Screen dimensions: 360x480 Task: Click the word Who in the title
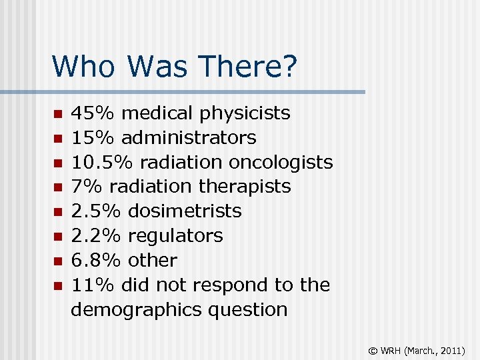[85, 67]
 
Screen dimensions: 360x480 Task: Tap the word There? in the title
[250, 67]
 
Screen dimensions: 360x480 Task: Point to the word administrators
[189, 138]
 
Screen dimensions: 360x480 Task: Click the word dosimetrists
[185, 211]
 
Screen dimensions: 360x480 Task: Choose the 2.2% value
[96, 236]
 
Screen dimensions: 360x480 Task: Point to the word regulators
[175, 236]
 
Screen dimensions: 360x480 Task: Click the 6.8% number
[96, 261]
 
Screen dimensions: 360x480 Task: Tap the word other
[153, 261]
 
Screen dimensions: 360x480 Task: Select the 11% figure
[93, 285]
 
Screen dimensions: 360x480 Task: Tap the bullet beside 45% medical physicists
[57, 114]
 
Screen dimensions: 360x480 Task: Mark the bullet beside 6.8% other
[57, 261]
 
